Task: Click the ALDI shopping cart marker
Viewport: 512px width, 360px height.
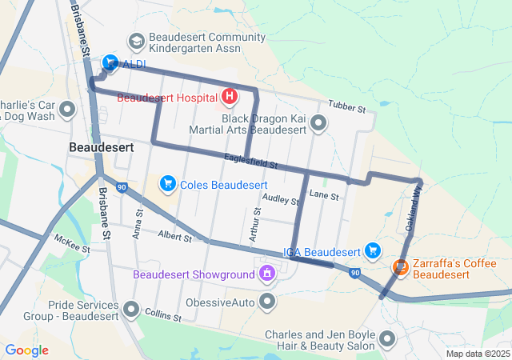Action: pos(110,62)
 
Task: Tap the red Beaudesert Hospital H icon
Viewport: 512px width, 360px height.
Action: pos(230,98)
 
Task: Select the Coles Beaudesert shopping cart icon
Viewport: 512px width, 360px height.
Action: pos(168,184)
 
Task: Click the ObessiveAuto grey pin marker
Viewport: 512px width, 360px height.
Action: pos(267,302)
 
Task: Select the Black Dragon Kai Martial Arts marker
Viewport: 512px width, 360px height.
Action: pos(318,122)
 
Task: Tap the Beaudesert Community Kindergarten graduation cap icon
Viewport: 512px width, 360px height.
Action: pos(136,40)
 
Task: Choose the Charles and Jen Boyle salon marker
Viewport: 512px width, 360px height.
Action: pos(388,339)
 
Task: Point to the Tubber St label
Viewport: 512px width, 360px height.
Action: pos(346,106)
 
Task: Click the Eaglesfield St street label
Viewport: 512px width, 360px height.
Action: pos(250,162)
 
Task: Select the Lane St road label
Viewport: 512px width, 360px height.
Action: pos(324,194)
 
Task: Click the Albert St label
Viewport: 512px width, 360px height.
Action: pos(174,237)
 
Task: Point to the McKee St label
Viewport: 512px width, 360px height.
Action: pos(72,242)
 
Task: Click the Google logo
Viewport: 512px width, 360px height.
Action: pos(27,350)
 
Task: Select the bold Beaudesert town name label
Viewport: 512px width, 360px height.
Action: pos(101,147)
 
